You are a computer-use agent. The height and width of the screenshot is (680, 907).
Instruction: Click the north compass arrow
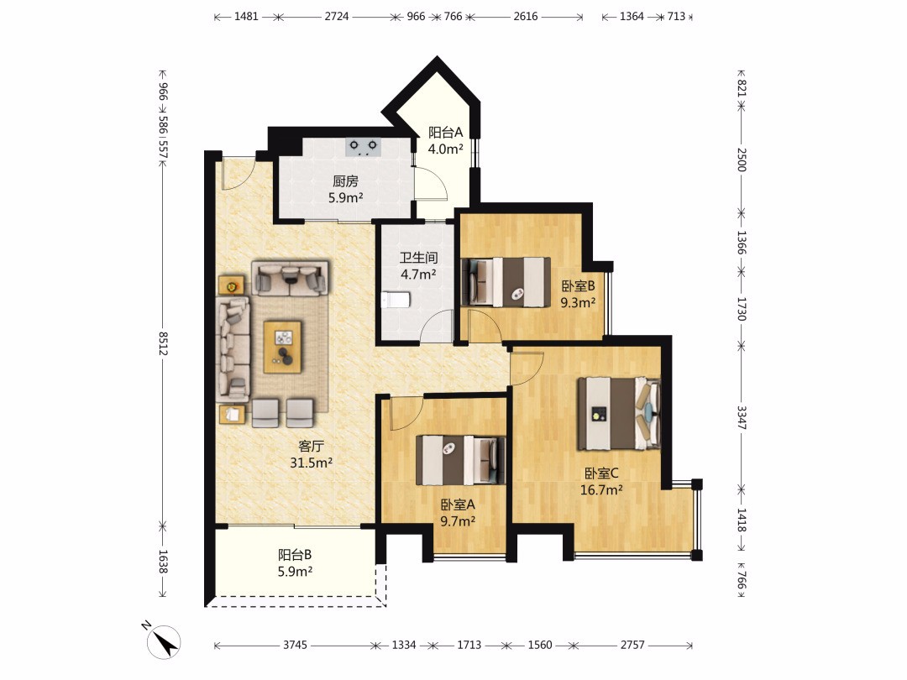click(x=165, y=642)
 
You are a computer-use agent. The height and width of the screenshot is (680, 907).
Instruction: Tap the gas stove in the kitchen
click(x=364, y=147)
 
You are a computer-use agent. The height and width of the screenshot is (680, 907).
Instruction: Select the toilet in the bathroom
click(x=396, y=300)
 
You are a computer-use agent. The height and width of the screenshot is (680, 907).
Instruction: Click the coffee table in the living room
click(x=282, y=347)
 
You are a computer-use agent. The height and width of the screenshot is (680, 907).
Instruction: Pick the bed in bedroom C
click(x=619, y=413)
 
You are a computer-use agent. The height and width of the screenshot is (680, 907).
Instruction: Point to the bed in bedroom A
click(x=460, y=460)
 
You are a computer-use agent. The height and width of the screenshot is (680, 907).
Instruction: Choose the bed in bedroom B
click(x=506, y=281)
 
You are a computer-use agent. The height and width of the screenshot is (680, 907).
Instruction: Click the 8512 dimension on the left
click(x=164, y=343)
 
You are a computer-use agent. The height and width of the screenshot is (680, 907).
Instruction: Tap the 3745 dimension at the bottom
click(x=295, y=645)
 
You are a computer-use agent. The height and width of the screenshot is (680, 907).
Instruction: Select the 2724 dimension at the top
click(x=336, y=16)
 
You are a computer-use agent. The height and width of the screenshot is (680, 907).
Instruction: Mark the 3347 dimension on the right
click(x=742, y=417)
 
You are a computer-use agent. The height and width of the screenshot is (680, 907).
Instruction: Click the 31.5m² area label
click(x=312, y=463)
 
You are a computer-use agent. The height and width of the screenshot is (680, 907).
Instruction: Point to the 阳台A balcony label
click(x=445, y=133)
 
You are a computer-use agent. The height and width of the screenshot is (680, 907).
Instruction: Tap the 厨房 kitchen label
click(x=345, y=181)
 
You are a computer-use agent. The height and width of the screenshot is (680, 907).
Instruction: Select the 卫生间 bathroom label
click(x=418, y=258)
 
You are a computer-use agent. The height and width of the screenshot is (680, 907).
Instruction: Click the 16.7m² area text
click(x=601, y=489)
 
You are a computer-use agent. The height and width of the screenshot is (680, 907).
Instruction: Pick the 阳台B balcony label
click(x=295, y=555)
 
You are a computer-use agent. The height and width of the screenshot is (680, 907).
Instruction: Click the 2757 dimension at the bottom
click(x=632, y=645)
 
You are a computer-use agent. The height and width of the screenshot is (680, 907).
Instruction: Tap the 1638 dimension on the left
click(x=163, y=562)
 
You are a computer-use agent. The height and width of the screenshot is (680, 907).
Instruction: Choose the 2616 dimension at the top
click(x=525, y=16)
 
